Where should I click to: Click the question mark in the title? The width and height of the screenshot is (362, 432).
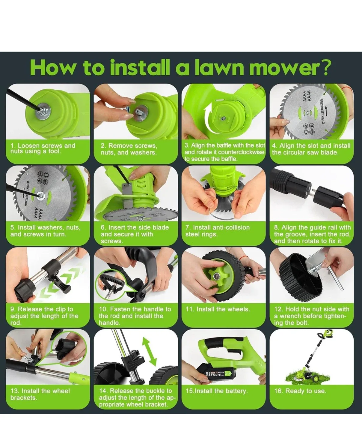(x=326, y=68)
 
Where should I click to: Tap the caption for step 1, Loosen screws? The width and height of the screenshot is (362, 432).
(x=43, y=148)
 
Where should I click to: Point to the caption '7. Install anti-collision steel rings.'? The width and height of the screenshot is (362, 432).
(x=217, y=231)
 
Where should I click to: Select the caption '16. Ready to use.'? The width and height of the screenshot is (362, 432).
(x=300, y=391)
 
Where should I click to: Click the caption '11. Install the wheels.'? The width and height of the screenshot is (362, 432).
(x=218, y=309)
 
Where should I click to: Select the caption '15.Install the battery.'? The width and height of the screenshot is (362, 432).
(x=217, y=391)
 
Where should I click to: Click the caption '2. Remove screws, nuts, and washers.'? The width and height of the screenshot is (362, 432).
(x=129, y=149)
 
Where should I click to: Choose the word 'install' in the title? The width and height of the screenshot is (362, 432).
(x=141, y=68)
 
